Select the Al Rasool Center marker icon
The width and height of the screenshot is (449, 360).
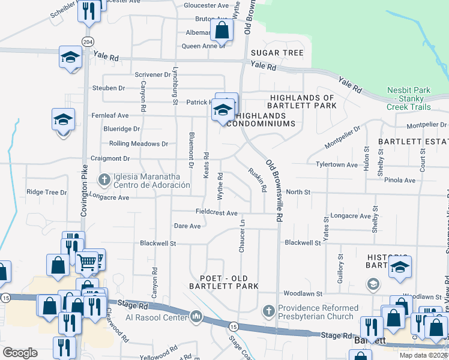196,316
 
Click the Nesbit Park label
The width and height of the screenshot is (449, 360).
408,91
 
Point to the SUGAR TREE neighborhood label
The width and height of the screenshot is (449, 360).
277,53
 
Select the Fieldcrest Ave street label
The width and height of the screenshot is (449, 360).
217,212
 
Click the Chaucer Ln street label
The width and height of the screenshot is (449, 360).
243,235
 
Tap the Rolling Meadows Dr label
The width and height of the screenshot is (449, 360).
139,144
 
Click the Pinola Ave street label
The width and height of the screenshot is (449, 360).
400,180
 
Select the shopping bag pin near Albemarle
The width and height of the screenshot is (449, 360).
221,29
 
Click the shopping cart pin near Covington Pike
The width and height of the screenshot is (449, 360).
88,260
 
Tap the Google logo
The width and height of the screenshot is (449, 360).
20,353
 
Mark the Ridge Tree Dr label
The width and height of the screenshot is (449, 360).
47,193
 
